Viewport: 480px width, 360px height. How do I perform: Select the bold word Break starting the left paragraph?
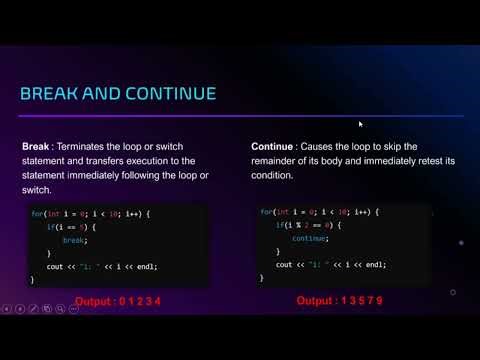coord(36,146)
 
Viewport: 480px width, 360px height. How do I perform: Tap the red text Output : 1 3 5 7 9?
coord(339,300)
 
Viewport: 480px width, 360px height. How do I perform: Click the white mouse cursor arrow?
coord(360,124)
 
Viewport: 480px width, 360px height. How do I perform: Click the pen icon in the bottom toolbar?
coord(35,310)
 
